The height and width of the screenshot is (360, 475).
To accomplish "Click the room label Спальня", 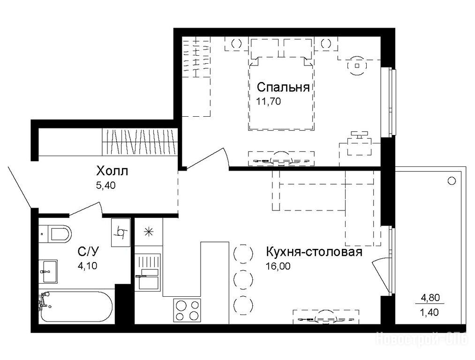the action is (283, 87).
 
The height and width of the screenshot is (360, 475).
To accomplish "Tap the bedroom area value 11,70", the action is (268, 101).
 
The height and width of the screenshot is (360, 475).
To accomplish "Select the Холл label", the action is (112, 171).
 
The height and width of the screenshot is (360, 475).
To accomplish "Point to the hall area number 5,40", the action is (106, 185).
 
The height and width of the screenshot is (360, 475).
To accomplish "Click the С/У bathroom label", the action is (88, 252).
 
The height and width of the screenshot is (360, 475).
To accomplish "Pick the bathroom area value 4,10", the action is (88, 265).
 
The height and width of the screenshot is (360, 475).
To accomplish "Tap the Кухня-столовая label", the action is (314, 252).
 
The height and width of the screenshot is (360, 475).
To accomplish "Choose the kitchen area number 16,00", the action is (278, 266).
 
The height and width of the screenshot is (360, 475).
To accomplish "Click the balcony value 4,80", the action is (430, 298).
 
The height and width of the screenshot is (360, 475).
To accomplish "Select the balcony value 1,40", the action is (430, 312).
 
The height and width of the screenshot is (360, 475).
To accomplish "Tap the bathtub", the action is (76, 307).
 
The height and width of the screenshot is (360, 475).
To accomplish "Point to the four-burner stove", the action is (187, 310).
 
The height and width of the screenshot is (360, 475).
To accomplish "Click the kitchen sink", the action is (148, 271).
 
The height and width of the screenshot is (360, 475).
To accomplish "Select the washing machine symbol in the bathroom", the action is (121, 232).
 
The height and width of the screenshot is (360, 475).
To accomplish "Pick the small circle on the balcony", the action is (452, 181).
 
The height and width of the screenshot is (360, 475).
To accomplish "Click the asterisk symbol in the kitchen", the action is (149, 232).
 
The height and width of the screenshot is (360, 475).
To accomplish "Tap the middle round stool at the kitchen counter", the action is (243, 278).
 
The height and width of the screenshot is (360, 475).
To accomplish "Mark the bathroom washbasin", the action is (48, 271).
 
